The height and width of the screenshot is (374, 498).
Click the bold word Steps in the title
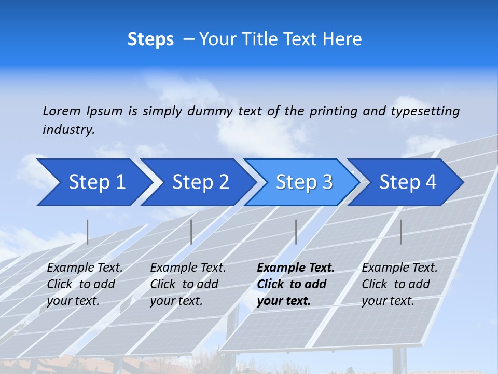[x=150, y=39]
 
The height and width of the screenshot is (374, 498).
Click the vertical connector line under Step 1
[x=88, y=232]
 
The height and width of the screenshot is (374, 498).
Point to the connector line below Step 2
[x=191, y=232]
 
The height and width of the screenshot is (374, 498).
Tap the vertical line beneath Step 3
[x=296, y=232]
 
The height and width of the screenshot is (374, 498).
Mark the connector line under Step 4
[x=400, y=232]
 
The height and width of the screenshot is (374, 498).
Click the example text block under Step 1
[x=85, y=284]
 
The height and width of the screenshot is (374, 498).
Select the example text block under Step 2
[x=188, y=284]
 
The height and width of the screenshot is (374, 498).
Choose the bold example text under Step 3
[x=296, y=284]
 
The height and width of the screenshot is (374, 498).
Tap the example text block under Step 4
[x=399, y=284]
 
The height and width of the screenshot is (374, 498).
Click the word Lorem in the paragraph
[x=61, y=111]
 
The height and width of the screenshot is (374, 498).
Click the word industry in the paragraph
[x=68, y=130]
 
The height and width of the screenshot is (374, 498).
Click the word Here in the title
[x=343, y=39]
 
